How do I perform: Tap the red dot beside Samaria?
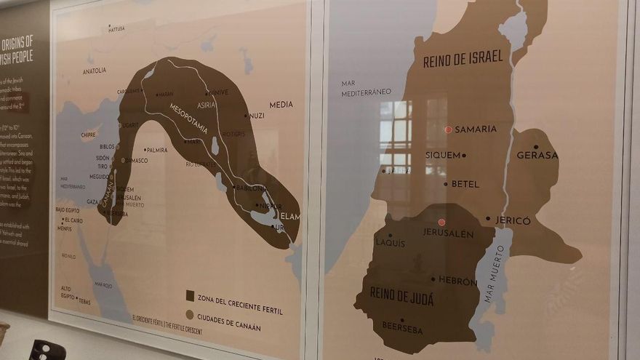coord(448,129)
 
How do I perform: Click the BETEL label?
coord(465,184)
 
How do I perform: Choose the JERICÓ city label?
coord(513,220)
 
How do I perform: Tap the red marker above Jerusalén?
coord(441,222)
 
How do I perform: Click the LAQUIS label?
coord(391,243)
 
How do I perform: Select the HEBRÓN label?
coord(457,280)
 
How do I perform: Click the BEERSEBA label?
coord(402,328)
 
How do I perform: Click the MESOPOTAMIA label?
coord(188,118)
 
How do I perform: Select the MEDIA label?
coord(281,105)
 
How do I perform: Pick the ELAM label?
coord(289,216)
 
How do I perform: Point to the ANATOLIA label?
coord(95,71)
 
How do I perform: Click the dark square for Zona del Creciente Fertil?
coord(190,296)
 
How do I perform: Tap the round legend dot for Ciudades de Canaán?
coord(190,315)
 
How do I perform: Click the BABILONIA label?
coord(251,188)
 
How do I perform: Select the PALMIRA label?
coord(156,151)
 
